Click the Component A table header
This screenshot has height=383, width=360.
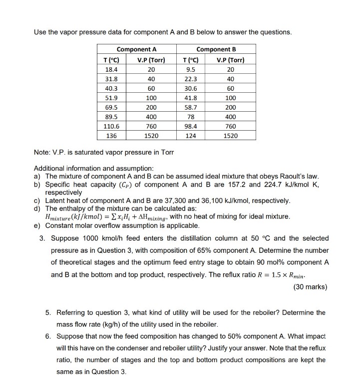point(136,49)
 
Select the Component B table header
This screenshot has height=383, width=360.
point(216,49)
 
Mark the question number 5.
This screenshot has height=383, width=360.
point(47,313)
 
